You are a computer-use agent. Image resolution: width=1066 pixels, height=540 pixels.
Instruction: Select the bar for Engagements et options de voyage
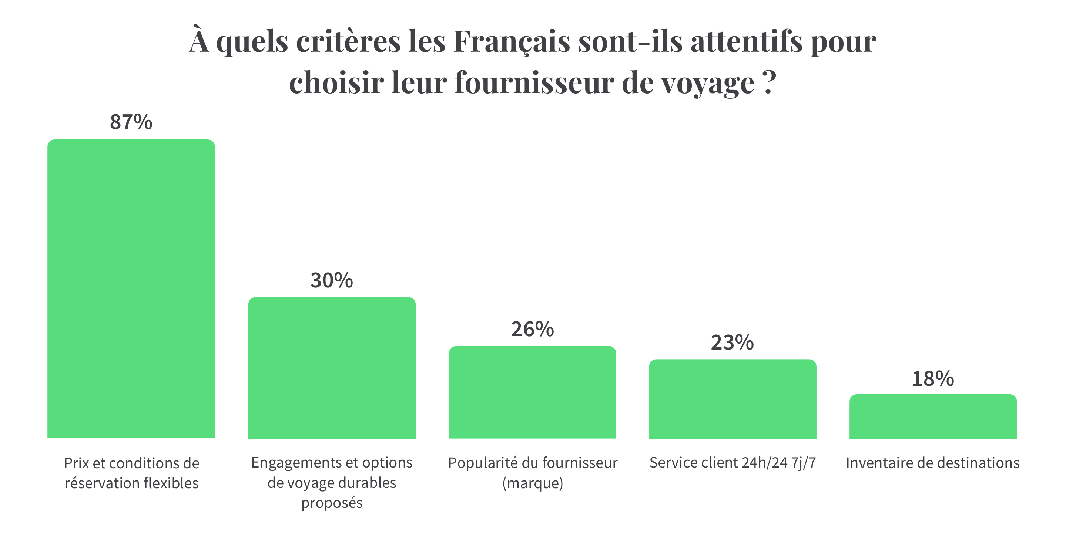click(332, 368)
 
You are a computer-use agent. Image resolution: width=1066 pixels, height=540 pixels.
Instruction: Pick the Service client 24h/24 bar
click(733, 399)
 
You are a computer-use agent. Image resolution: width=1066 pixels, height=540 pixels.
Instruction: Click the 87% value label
click(131, 122)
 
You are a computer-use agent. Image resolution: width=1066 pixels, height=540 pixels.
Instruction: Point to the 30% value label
click(332, 280)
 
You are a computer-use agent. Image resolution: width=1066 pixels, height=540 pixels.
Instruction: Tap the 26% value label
click(532, 329)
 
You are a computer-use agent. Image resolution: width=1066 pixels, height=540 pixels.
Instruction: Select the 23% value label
click(732, 342)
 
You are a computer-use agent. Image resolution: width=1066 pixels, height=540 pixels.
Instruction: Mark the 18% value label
click(933, 379)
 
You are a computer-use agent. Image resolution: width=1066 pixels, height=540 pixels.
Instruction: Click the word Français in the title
click(512, 42)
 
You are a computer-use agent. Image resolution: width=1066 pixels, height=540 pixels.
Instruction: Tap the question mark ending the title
click(768, 82)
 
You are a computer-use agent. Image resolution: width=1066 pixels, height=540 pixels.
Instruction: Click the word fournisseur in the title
click(534, 83)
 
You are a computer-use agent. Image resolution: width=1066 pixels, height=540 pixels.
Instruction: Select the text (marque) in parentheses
click(533, 483)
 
